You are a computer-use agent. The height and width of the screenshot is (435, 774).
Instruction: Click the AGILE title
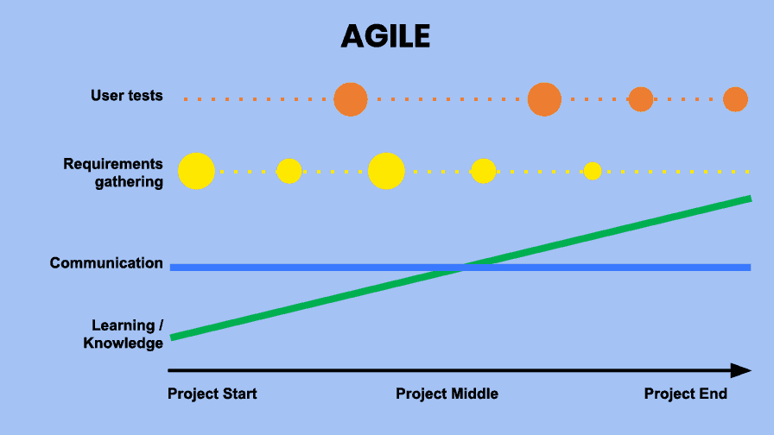click(x=385, y=36)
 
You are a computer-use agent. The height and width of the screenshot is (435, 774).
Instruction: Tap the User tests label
click(x=126, y=95)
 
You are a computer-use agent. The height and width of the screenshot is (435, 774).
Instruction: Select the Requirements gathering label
click(x=113, y=173)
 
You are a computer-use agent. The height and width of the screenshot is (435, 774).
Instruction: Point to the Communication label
click(x=106, y=263)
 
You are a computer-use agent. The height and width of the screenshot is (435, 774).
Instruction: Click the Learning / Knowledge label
click(x=123, y=334)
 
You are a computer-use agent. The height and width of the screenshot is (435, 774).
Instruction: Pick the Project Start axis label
click(x=213, y=394)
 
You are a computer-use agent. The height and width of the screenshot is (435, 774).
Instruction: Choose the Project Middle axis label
click(x=447, y=394)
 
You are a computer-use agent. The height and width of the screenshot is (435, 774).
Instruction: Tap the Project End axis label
click(x=686, y=394)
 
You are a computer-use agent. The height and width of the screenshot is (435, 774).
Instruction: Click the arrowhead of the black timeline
click(x=740, y=370)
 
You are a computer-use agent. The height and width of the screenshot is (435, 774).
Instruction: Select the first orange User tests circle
click(x=351, y=99)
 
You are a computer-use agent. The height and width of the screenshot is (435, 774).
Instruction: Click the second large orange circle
click(x=544, y=99)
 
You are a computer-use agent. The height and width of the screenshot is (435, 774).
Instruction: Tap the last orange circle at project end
click(x=735, y=99)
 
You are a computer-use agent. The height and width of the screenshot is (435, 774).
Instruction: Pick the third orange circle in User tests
click(x=641, y=99)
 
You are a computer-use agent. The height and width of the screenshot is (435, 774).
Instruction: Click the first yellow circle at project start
click(x=196, y=171)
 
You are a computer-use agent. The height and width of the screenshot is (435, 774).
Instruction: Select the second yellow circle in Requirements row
click(x=289, y=171)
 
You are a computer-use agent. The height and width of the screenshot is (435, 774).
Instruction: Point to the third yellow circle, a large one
click(x=386, y=171)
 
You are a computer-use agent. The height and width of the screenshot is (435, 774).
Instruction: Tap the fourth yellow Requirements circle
click(x=483, y=171)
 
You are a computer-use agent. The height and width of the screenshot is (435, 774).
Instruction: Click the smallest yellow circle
click(x=593, y=171)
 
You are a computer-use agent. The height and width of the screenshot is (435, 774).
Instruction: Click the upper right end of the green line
click(x=751, y=199)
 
